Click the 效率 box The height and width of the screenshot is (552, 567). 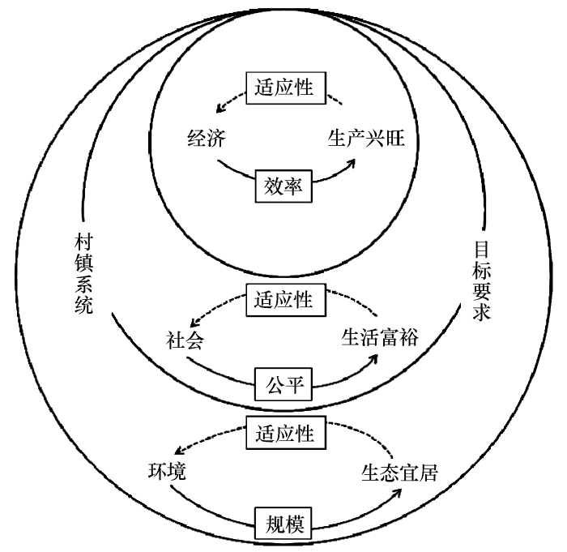[283, 186]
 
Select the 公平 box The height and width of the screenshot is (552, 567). [283, 384]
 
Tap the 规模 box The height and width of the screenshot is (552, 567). [283, 523]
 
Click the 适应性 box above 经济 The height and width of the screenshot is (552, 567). [286, 88]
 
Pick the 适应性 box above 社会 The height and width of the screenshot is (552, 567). [286, 300]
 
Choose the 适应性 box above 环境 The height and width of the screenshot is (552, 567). [286, 433]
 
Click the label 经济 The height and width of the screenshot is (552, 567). [207, 139]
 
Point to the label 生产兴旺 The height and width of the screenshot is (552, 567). [366, 139]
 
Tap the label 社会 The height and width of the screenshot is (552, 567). [185, 340]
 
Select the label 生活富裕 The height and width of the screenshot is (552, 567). [380, 337]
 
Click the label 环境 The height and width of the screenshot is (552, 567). [167, 471]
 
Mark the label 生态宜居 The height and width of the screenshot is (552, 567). [399, 473]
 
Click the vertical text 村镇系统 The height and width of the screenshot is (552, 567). [84, 274]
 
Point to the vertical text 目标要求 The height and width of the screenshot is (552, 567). [482, 280]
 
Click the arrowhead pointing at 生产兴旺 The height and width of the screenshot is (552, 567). [351, 163]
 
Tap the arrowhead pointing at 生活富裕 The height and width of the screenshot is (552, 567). [373, 359]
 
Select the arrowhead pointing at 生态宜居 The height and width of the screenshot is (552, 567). [397, 494]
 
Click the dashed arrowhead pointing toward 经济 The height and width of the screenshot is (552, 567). [220, 108]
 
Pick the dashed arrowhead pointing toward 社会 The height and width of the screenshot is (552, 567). [195, 322]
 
